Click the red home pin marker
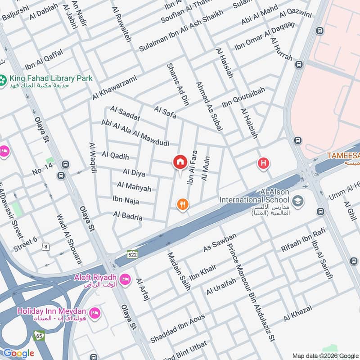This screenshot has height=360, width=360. (x=180, y=162)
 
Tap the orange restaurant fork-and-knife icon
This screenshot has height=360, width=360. (x=182, y=205)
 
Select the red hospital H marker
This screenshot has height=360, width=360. (x=263, y=163)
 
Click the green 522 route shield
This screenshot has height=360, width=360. (x=132, y=254)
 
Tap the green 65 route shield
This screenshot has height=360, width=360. (x=39, y=335)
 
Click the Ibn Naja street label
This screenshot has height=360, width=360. (x=126, y=199)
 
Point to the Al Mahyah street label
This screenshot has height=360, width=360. (x=134, y=186)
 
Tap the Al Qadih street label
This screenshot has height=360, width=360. (x=115, y=156)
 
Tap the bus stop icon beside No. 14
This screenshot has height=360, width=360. (x=66, y=165)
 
